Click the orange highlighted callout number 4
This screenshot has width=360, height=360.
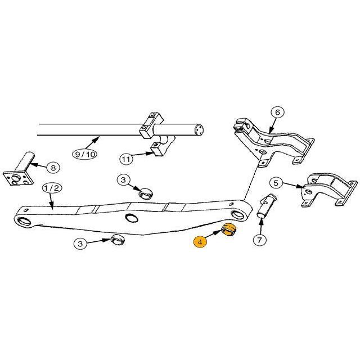[200, 242]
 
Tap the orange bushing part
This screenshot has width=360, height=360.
[228, 229]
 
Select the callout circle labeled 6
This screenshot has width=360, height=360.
[277, 112]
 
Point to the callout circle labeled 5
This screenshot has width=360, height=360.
[276, 183]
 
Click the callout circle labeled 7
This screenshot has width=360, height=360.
[260, 240]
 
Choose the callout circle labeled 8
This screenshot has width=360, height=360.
[53, 168]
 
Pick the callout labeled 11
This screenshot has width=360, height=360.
[126, 159]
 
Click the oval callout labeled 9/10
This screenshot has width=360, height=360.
[85, 154]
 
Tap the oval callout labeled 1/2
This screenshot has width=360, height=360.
[52, 188]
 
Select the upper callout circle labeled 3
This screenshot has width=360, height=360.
[124, 180]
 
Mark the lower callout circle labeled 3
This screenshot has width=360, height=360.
[80, 244]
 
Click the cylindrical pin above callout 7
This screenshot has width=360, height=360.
[266, 206]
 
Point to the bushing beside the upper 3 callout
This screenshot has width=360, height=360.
[146, 193]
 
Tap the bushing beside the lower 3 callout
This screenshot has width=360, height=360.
[118, 240]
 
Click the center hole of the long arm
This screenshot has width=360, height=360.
[132, 218]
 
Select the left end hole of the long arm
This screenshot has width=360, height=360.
[24, 221]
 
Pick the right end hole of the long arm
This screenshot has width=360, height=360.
[238, 214]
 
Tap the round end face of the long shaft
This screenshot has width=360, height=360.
[199, 130]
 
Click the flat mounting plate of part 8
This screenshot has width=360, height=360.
[19, 177]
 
